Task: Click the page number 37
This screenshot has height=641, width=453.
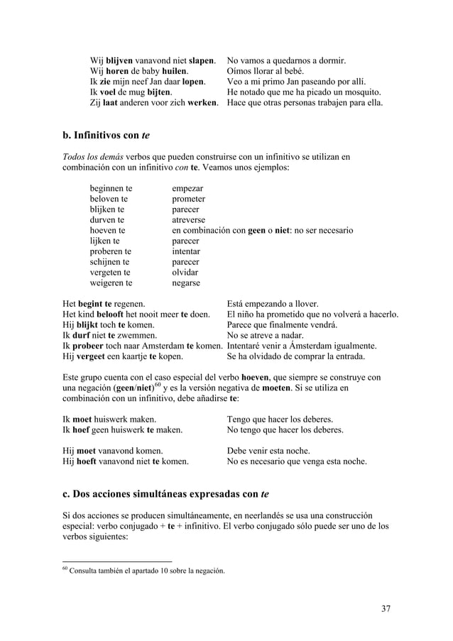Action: click(x=386, y=608)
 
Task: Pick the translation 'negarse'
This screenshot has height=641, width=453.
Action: click(x=186, y=283)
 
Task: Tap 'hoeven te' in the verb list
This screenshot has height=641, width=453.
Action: click(x=107, y=231)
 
